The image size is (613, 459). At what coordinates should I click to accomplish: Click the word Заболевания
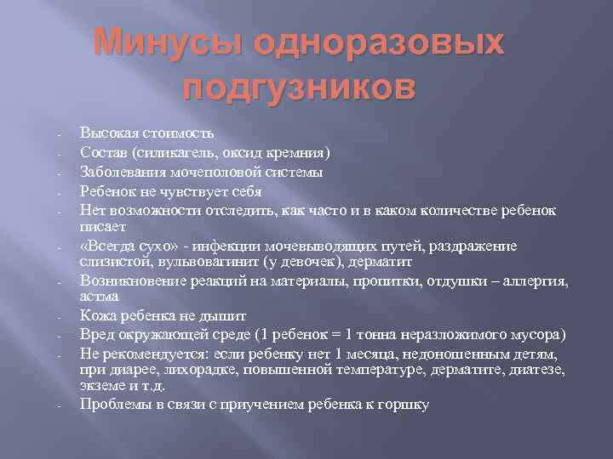click(x=122, y=173)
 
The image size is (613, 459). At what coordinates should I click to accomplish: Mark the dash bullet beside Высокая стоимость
click(x=53, y=136)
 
